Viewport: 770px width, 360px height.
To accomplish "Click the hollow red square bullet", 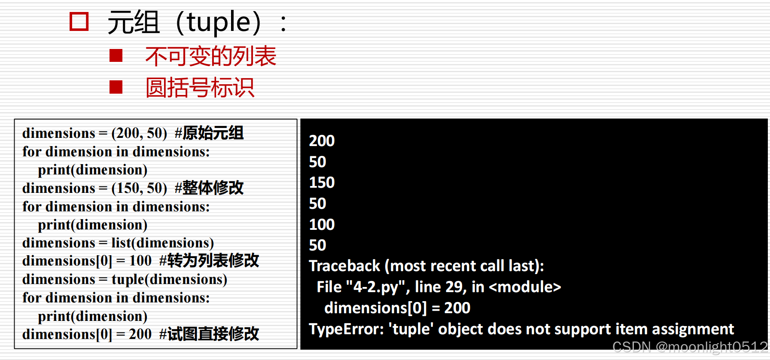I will tap(79, 21).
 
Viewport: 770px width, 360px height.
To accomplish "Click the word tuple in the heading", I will tap(219, 22).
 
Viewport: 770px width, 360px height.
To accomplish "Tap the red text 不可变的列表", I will tap(210, 56).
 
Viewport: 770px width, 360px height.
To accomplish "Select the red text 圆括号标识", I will tap(200, 88).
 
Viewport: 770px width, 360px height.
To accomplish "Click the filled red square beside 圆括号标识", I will tap(116, 87).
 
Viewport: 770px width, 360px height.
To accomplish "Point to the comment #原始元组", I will tap(209, 133).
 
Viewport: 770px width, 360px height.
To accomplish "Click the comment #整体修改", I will tap(209, 188).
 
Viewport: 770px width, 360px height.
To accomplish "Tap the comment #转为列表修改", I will tap(209, 261).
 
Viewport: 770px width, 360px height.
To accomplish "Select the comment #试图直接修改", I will tap(209, 334).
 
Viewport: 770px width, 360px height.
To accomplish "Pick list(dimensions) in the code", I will tap(162, 243).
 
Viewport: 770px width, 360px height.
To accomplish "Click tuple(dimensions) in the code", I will tap(169, 280).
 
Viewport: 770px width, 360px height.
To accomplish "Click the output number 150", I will tap(322, 183).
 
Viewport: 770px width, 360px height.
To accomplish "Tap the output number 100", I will tap(322, 225).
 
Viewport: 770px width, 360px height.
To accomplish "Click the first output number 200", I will tap(322, 141).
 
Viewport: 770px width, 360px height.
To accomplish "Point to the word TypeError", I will tap(346, 329).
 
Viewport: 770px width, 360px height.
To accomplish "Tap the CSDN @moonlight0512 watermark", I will tap(690, 347).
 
